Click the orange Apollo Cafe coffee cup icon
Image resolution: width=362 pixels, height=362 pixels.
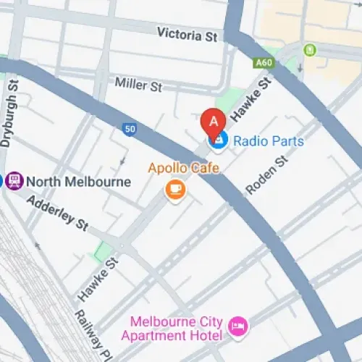pos(175,190)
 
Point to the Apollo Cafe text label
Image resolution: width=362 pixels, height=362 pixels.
pos(183,169)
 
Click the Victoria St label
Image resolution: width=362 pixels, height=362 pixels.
pos(186,33)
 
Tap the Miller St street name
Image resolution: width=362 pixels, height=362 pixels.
pos(139,85)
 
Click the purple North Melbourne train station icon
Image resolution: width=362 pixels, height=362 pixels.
pos(13,181)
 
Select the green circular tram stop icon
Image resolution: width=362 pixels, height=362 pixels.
pos(311,50)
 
